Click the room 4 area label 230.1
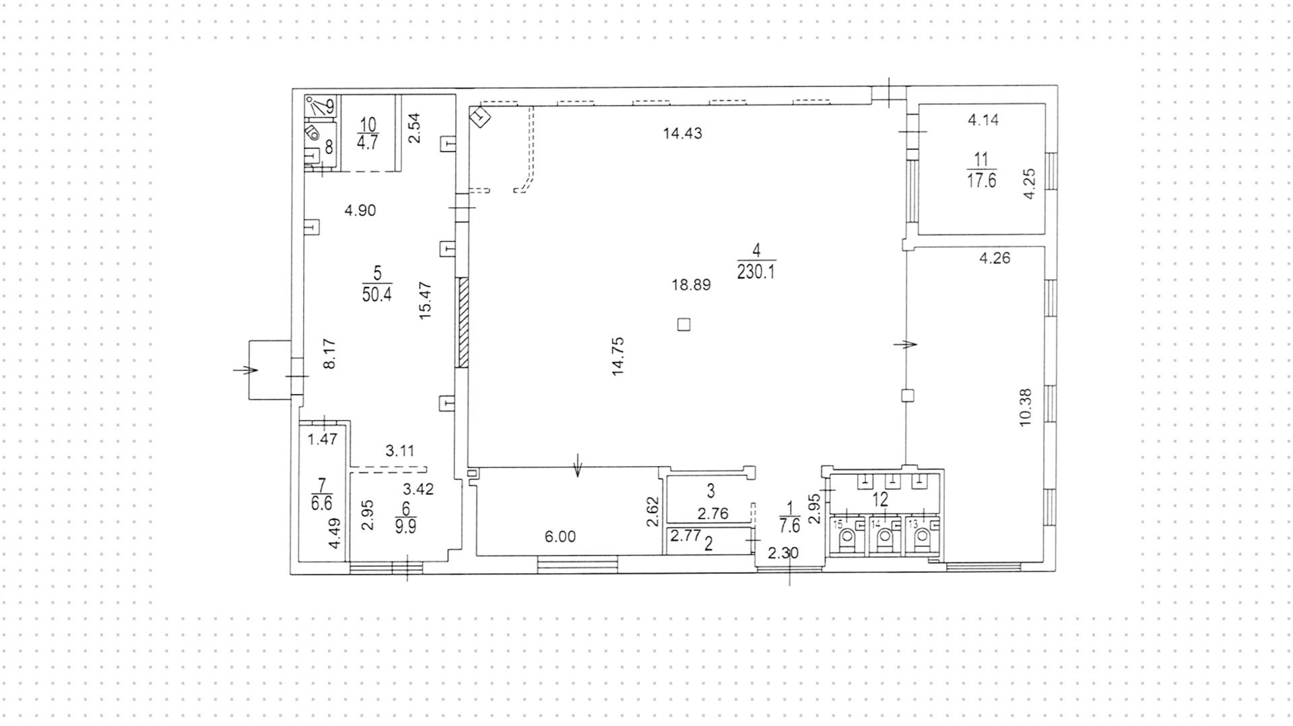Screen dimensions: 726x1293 (756, 270)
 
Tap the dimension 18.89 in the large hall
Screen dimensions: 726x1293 (691, 285)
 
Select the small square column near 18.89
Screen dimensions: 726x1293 (684, 325)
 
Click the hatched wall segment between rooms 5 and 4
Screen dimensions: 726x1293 (463, 323)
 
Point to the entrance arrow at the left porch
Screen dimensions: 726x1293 (246, 370)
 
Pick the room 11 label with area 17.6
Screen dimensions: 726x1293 (981, 170)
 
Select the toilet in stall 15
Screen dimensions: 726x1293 (848, 537)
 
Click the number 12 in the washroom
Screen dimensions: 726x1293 (880, 500)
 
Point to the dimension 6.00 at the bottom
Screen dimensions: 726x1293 (560, 537)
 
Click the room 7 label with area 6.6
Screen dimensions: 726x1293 (322, 494)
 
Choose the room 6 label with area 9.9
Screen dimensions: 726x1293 (405, 518)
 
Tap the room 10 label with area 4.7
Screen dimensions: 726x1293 (367, 133)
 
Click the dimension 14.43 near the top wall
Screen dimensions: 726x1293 (682, 133)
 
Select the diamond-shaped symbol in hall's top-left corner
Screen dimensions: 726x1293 (479, 118)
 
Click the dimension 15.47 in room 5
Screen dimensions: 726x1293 (425, 300)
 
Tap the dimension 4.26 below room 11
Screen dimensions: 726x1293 (995, 258)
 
